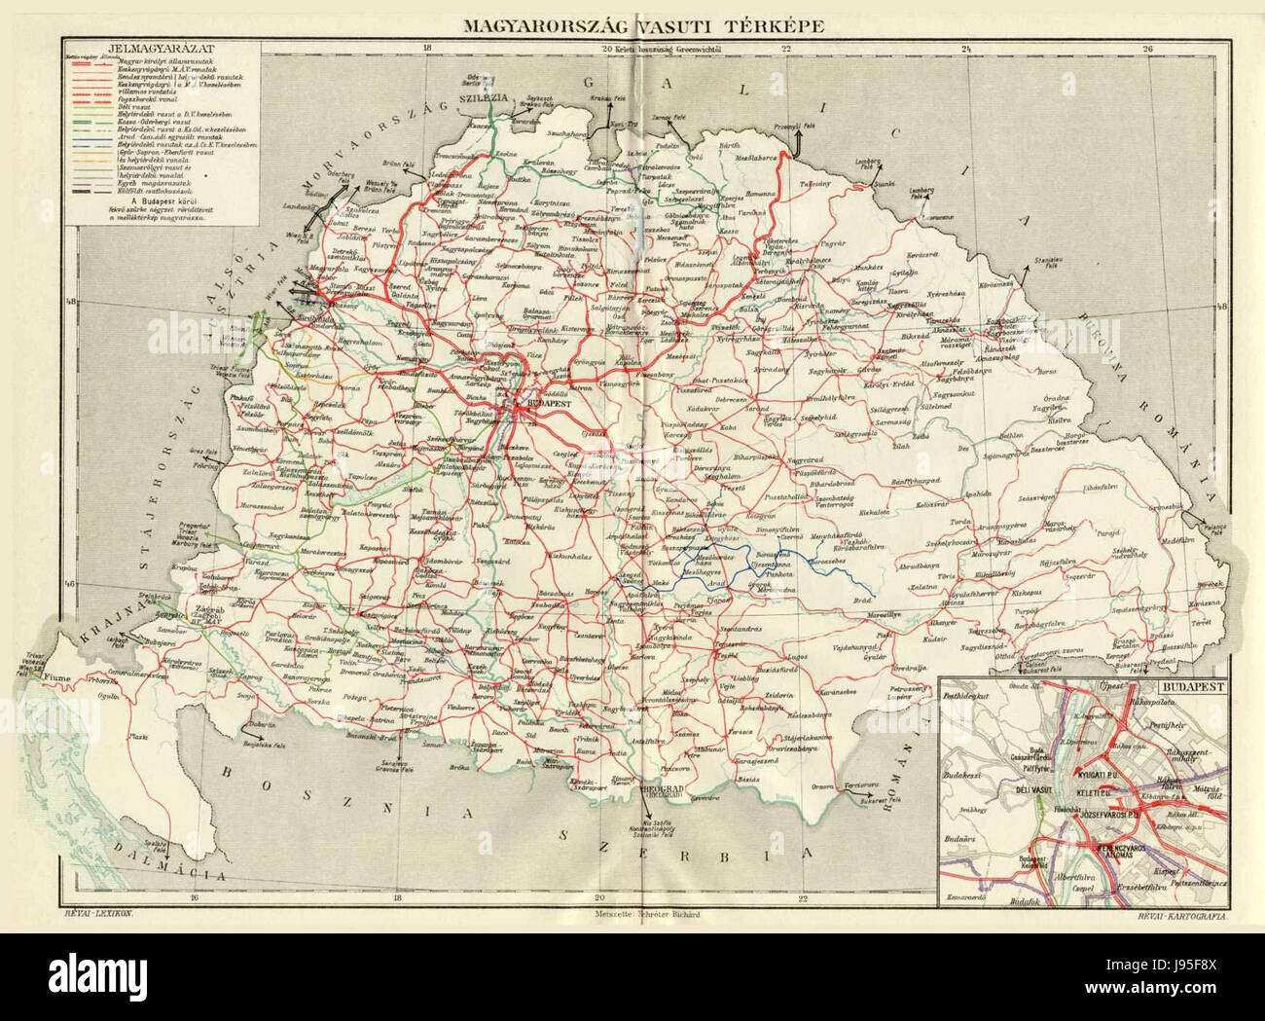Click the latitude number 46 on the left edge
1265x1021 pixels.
click(70, 584)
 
